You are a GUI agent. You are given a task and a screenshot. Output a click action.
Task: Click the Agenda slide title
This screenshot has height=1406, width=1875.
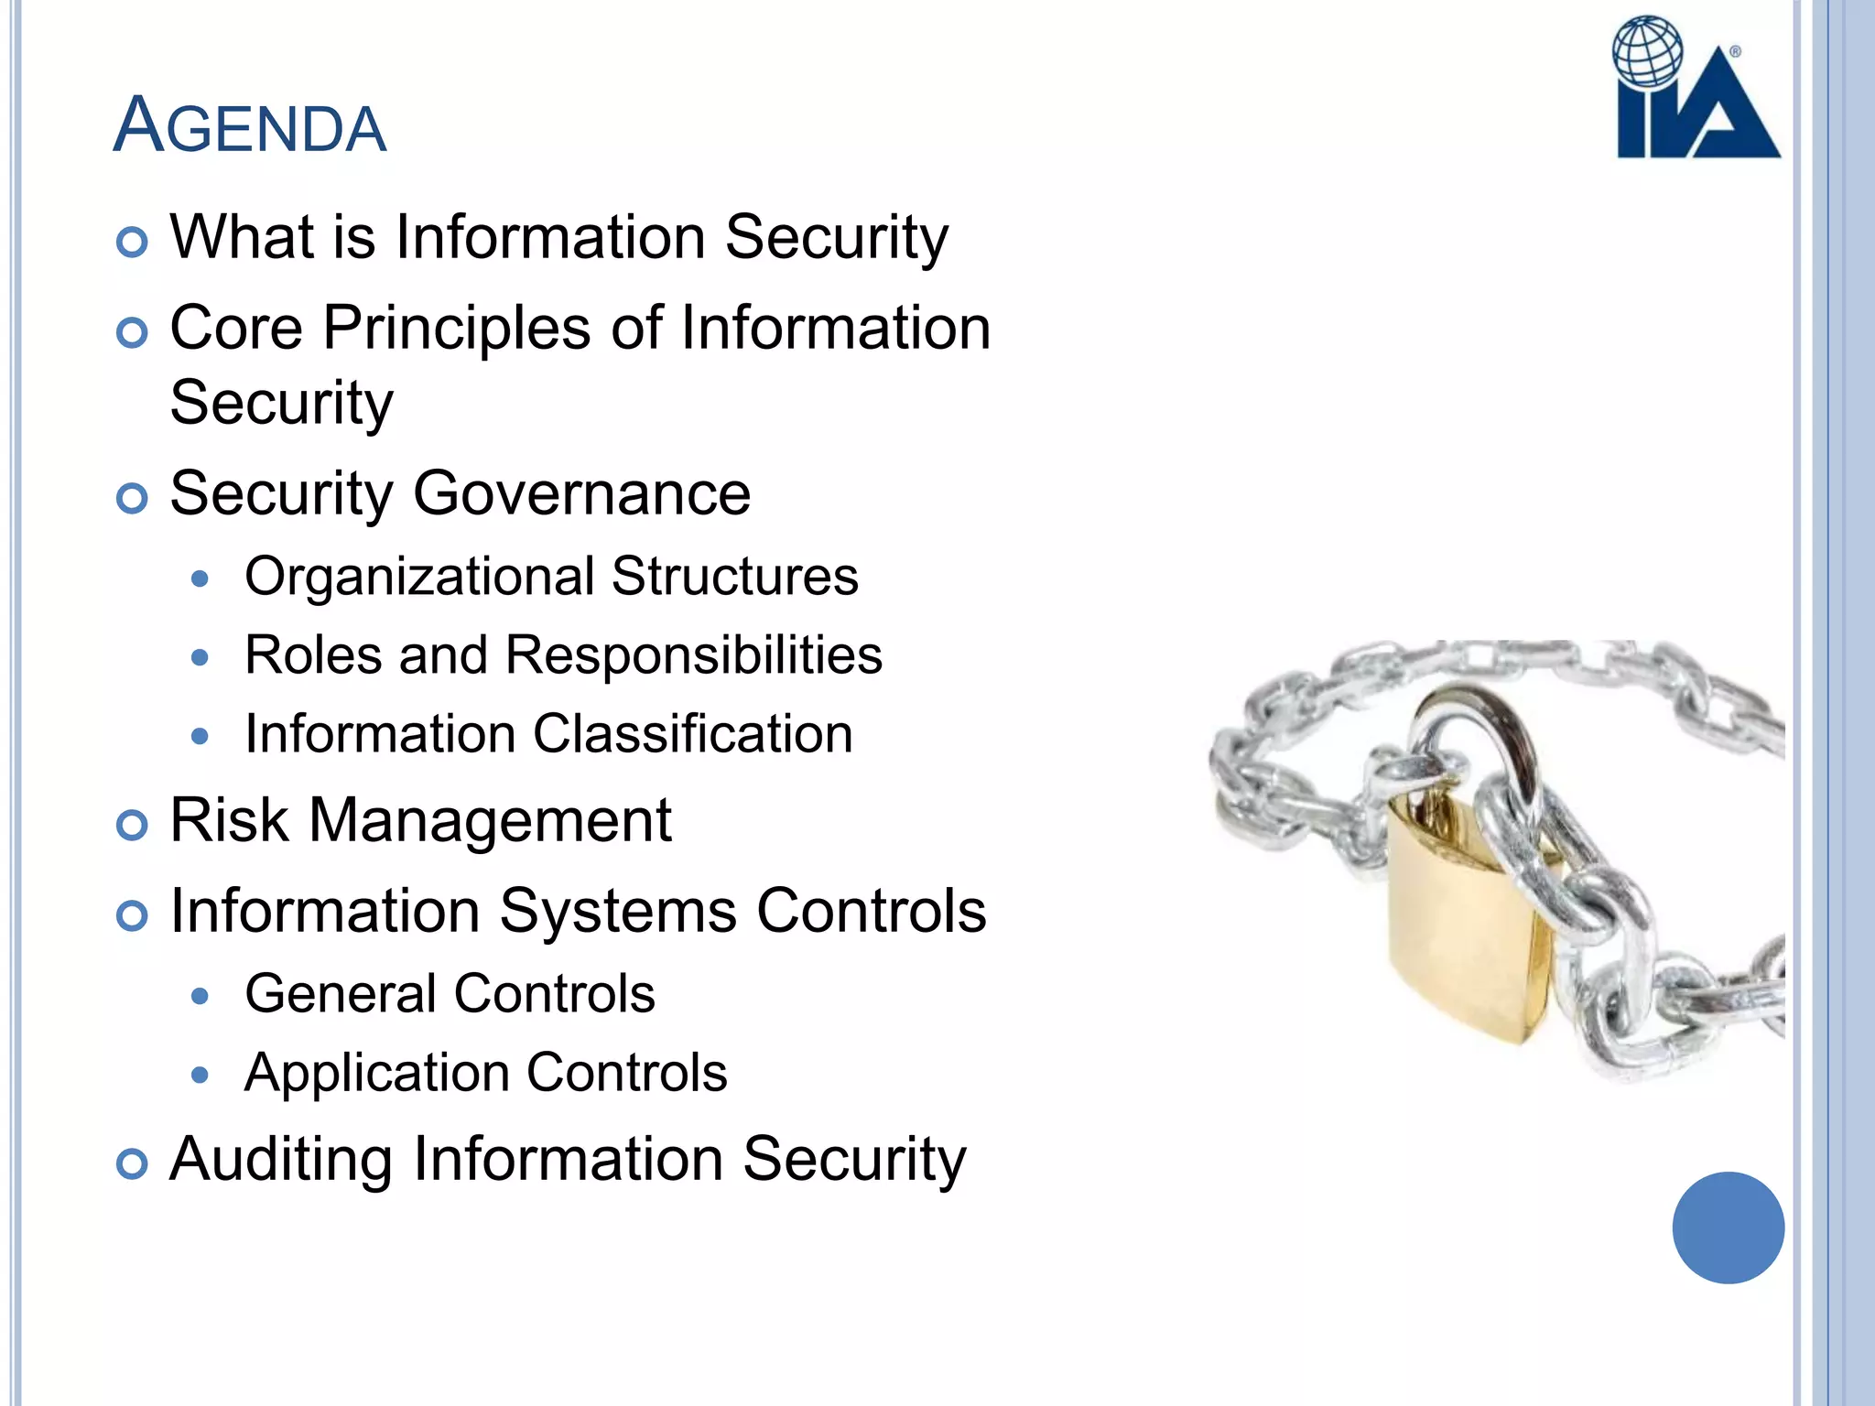[250, 125]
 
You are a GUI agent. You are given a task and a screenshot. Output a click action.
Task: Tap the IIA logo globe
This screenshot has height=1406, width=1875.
[1647, 52]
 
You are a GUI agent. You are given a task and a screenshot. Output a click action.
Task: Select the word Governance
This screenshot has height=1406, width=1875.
[581, 494]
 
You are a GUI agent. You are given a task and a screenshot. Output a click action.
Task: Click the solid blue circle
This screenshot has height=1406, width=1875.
[1728, 1228]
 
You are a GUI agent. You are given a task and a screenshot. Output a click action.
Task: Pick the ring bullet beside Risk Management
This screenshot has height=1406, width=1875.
[133, 825]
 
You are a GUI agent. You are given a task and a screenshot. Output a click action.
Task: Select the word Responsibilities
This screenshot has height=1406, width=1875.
[693, 655]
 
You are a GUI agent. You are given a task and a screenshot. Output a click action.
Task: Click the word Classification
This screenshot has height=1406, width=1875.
[693, 734]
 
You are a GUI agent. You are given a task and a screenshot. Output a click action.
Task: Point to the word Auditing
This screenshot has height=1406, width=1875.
[280, 1160]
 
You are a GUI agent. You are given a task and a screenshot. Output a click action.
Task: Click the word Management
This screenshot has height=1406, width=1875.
[490, 820]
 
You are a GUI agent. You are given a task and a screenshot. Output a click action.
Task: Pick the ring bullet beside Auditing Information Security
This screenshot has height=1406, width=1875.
[133, 1164]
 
